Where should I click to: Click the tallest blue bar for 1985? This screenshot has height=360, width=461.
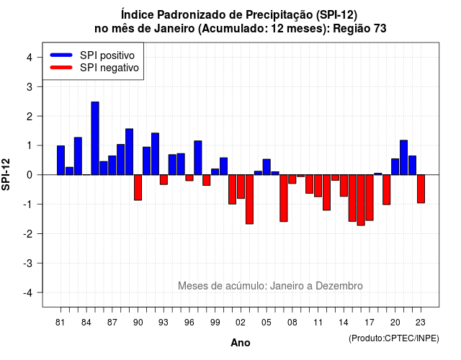[x=95, y=138]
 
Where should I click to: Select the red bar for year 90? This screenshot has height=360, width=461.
[x=138, y=187]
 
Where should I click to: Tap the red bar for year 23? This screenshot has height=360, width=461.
[x=421, y=189]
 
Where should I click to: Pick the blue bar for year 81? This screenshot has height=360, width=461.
[x=61, y=160]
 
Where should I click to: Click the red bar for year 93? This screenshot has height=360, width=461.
[x=164, y=179]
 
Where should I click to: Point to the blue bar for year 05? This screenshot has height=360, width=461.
[x=267, y=167]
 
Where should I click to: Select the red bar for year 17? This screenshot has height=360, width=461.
[x=370, y=197]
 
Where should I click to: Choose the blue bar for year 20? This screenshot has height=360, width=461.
[x=395, y=166]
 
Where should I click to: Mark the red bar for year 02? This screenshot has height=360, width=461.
[x=241, y=186]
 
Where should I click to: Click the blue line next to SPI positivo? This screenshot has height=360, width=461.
[x=61, y=55]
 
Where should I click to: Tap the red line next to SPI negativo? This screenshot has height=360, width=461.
[x=61, y=67]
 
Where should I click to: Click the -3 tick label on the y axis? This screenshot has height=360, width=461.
[x=28, y=263]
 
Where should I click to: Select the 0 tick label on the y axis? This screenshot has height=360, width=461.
[x=30, y=175]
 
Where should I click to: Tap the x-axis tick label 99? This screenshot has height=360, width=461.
[x=215, y=323]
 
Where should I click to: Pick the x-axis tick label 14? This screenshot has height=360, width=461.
[x=344, y=323]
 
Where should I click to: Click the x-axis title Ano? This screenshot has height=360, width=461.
[x=241, y=343]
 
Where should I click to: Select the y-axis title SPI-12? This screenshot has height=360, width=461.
[x=6, y=174]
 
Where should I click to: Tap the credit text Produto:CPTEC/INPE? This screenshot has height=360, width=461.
[x=394, y=338]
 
